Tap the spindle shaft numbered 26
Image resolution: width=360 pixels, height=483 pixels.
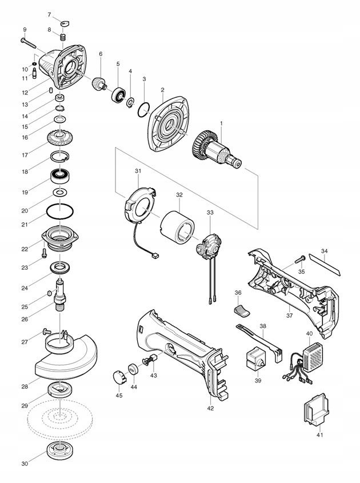(59, 294)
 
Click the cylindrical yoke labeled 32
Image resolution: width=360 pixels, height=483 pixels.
(177, 227)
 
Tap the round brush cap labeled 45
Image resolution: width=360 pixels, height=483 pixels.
(119, 377)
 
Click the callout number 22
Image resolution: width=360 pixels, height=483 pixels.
(25, 249)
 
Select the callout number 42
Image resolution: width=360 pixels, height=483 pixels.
(211, 409)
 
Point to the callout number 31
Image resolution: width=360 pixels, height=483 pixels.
(137, 170)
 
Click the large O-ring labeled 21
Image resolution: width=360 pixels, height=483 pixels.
(60, 204)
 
